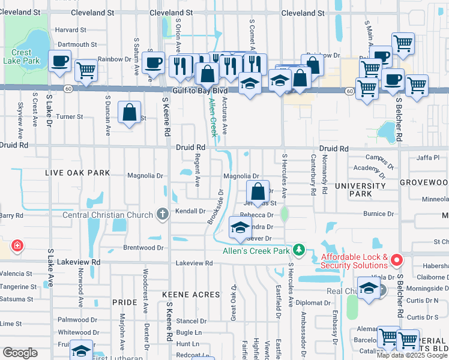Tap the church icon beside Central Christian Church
point(162,214)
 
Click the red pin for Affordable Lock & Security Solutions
point(396,260)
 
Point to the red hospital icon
point(17,245)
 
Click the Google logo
point(20,353)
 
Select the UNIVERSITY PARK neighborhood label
point(353,190)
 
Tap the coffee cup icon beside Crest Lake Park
point(60,61)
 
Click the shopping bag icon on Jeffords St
point(258,192)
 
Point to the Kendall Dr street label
point(190,211)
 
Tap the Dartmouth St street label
point(76,44)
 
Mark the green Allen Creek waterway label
point(212,118)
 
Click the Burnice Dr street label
point(378,214)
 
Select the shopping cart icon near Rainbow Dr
point(86,70)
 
